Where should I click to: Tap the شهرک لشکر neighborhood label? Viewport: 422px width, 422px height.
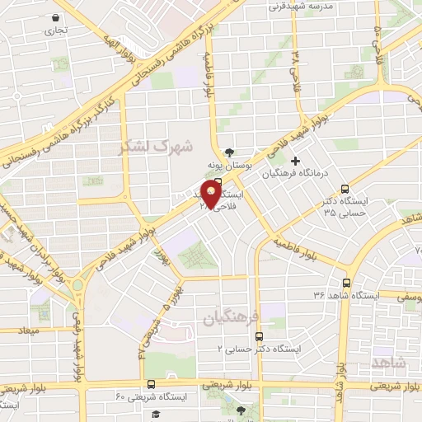(156, 147)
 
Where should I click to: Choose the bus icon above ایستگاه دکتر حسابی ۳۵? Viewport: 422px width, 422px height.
(345, 188)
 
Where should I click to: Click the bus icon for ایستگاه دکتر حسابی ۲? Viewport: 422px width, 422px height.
(259, 336)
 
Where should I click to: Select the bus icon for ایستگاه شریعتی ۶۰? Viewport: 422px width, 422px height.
(151, 383)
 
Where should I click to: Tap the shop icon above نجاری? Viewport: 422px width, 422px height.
(54, 17)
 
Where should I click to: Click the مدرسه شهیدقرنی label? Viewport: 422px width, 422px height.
(298, 6)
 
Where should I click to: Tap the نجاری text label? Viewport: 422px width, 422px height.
(55, 31)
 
